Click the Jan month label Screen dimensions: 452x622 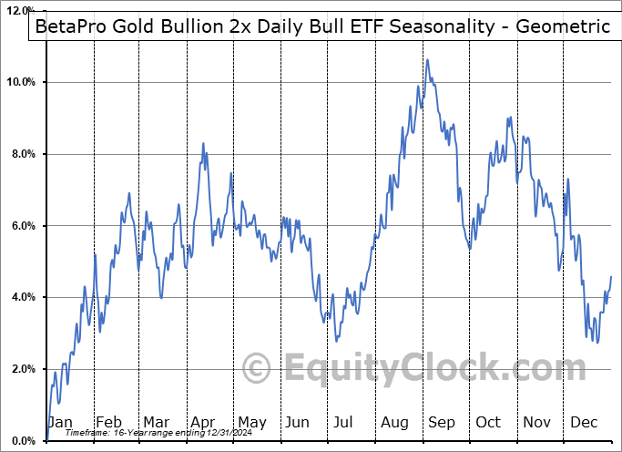click(x=60, y=422)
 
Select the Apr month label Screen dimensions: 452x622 click(x=202, y=422)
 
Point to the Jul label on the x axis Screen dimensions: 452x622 click(x=344, y=422)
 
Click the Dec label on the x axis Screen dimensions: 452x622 click(x=583, y=422)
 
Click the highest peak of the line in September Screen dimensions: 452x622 click(x=427, y=60)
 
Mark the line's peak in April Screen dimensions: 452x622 click(x=203, y=143)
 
